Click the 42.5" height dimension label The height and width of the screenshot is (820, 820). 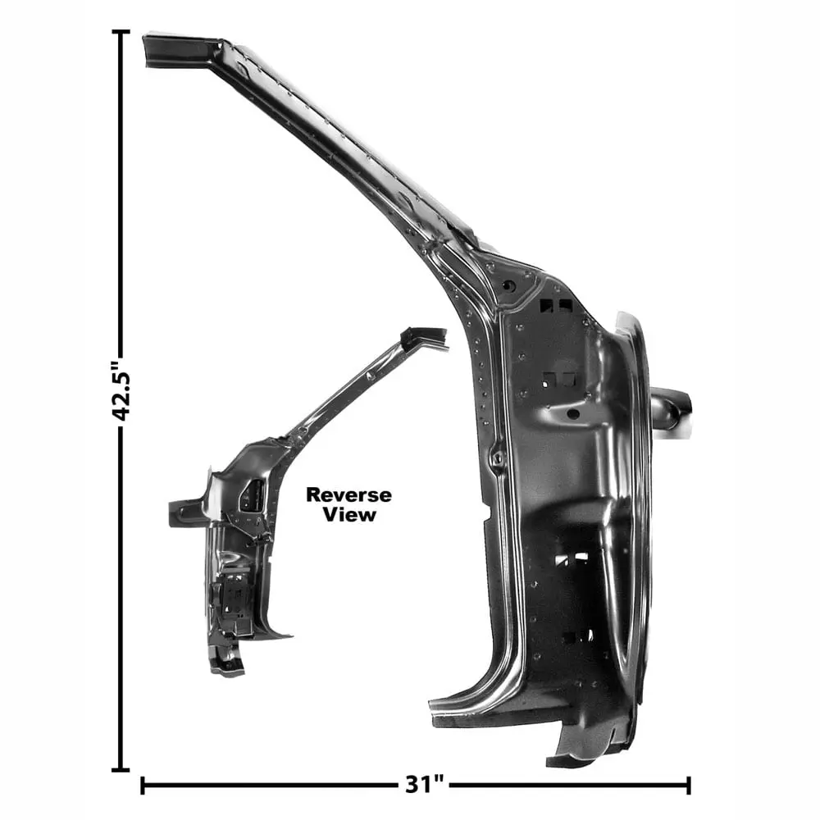[x=122, y=392]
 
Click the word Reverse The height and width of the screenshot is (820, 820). [x=348, y=495]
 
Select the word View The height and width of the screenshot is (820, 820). [x=348, y=515]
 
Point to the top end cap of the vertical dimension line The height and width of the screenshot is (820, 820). [x=121, y=31]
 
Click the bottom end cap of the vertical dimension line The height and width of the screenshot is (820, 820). [x=121, y=769]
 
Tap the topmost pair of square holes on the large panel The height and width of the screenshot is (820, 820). [x=556, y=306]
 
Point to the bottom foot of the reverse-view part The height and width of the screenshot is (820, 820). [x=225, y=663]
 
